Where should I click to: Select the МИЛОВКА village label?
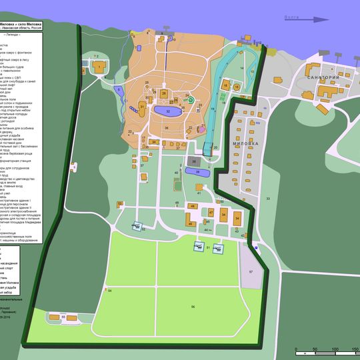[245, 143]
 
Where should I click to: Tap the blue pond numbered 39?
[198, 172]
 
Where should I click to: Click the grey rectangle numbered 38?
[195, 161]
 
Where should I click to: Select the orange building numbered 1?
[99, 67]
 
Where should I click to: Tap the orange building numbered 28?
[164, 93]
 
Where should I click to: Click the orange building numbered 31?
[143, 108]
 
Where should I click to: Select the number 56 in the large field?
[193, 306]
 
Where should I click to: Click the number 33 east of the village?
[268, 199]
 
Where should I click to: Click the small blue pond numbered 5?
[119, 89]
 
